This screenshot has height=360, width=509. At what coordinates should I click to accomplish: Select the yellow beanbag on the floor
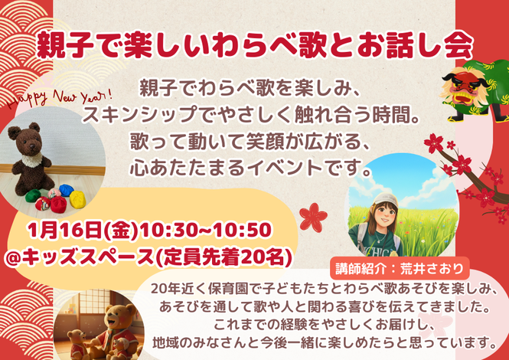pos(78,199)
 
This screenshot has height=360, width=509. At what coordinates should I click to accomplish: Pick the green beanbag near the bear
pos(32,196)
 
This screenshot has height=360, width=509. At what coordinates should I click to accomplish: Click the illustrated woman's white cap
pos(385,200)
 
